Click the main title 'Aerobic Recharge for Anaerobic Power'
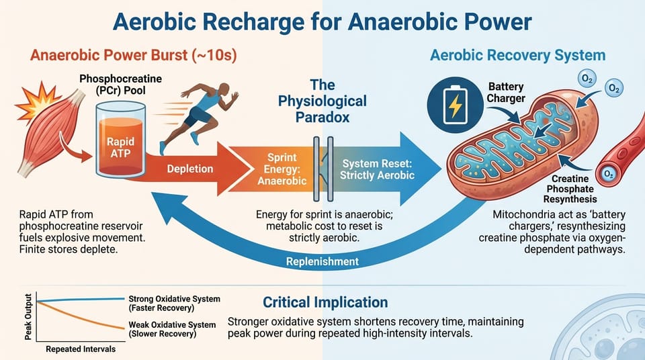coord(322,21)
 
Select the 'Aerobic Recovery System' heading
coord(517,55)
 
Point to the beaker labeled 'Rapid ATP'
coord(121,138)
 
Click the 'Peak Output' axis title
coord(29,318)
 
